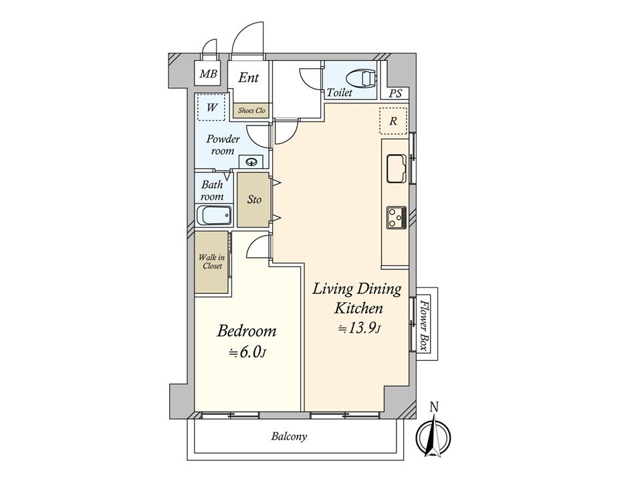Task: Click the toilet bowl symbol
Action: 362,78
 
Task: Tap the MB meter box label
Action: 208,74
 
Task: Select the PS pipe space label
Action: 395,94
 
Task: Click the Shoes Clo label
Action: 251,110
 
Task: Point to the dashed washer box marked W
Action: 211,107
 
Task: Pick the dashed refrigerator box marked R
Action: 393,121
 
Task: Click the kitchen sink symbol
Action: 397,168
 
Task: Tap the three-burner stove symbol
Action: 397,217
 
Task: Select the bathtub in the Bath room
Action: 214,215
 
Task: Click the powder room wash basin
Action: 251,162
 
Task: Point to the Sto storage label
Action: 254,199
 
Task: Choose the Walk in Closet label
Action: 212,262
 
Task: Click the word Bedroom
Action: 247,331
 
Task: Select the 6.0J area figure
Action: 247,352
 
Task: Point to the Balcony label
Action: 289,436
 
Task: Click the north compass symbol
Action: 433,436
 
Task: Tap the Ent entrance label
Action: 249,77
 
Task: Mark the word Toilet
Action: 340,93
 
